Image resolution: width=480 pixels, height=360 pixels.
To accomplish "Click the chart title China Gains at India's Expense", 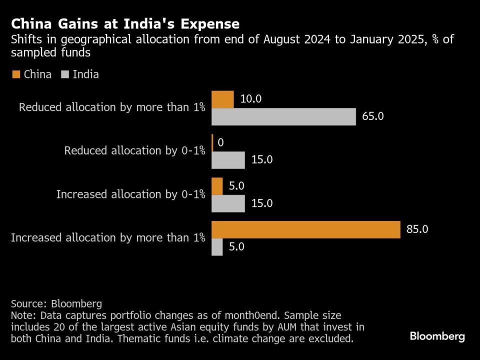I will pyautogui.click(x=125, y=24).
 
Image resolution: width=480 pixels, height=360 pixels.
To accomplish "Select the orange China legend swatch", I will pyautogui.click(x=15, y=74).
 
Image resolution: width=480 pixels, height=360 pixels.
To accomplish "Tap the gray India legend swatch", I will pyautogui.click(x=64, y=74).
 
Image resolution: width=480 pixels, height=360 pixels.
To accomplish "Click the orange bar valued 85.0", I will pyautogui.click(x=306, y=229).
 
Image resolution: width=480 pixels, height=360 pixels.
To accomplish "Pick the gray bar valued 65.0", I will pyautogui.click(x=283, y=116).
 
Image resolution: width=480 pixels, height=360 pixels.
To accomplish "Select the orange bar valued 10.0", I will pyautogui.click(x=222, y=99).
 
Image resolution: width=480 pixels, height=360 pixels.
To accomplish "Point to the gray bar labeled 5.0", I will pyautogui.click(x=217, y=247).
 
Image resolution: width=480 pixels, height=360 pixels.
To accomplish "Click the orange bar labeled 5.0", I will pyautogui.click(x=217, y=186).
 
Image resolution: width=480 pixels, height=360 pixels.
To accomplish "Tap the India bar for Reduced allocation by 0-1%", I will pyautogui.click(x=228, y=160).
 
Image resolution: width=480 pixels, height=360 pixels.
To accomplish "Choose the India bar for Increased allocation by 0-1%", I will pyautogui.click(x=228, y=203).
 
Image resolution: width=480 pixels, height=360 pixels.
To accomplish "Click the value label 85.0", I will pyautogui.click(x=417, y=229).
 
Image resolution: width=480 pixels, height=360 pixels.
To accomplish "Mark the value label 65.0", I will pyautogui.click(x=372, y=116).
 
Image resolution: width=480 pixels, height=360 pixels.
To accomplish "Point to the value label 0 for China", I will pyautogui.click(x=220, y=143).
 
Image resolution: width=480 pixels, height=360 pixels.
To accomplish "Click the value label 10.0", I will pyautogui.click(x=250, y=99).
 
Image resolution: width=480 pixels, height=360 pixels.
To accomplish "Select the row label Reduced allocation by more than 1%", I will pyautogui.click(x=112, y=107).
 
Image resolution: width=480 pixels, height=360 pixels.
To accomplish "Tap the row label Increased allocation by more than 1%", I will pyautogui.click(x=108, y=238).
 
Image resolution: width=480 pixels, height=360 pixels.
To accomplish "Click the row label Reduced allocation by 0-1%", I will pyautogui.click(x=134, y=151).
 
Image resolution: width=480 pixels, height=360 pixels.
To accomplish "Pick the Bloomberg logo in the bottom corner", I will pyautogui.click(x=437, y=336).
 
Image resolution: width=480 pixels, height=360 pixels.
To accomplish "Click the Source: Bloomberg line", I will pyautogui.click(x=56, y=303).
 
